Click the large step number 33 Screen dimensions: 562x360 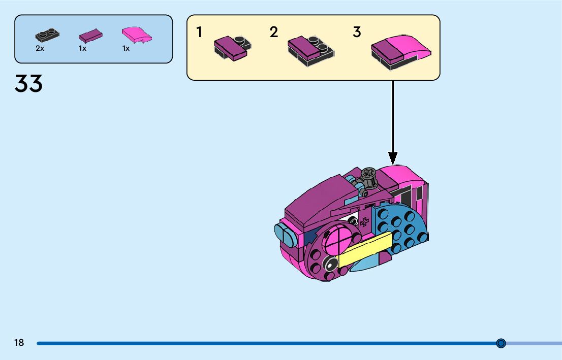tap(28, 84)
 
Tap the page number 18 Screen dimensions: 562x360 tap(19, 343)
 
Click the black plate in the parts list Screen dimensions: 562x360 tap(47, 35)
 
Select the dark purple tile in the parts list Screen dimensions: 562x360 tap(90, 36)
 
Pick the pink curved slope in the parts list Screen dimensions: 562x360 tap(137, 35)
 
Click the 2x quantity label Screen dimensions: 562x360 tap(40, 49)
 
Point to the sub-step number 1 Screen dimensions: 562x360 tap(199, 32)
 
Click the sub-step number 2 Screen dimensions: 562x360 tap(274, 32)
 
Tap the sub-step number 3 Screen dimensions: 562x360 tap(357, 32)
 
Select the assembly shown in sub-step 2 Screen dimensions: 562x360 tap(311, 51)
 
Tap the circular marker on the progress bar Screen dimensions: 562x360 tap(501, 343)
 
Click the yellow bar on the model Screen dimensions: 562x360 tap(365, 249)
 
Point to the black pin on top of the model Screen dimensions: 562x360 tap(369, 176)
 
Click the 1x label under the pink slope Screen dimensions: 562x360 tap(126, 49)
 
